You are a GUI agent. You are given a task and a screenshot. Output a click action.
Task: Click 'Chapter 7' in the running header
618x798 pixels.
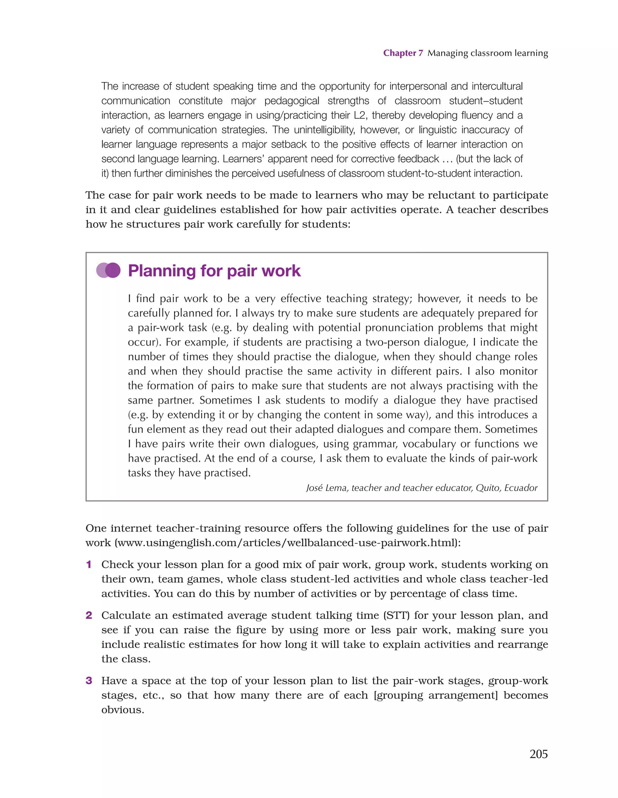(x=403, y=53)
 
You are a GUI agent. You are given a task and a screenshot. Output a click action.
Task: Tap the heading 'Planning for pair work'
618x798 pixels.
(x=214, y=271)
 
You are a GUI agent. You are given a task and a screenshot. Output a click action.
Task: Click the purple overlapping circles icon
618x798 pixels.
(x=108, y=271)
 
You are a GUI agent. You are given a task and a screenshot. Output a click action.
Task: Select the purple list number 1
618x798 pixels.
(x=88, y=565)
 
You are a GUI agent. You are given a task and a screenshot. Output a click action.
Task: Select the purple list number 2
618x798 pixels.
(x=88, y=615)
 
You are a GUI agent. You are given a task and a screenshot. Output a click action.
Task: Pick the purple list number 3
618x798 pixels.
(x=88, y=681)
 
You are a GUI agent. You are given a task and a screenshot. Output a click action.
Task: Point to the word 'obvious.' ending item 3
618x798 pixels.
(x=123, y=710)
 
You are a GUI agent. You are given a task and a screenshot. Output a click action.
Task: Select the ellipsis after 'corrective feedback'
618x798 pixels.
(x=447, y=159)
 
